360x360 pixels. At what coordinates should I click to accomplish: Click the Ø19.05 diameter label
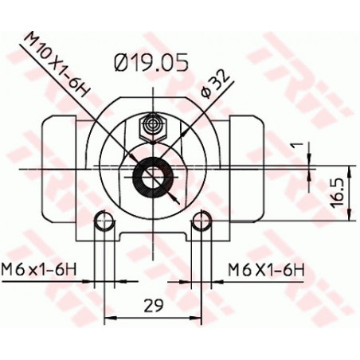tap(151, 62)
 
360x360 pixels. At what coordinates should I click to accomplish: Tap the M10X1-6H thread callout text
tap(57, 65)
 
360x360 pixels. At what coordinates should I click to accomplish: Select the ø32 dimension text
tap(215, 84)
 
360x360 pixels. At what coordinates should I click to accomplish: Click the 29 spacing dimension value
tap(154, 306)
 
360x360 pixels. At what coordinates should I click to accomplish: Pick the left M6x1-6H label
tap(39, 270)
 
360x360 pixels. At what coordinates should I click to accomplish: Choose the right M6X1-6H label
tap(266, 270)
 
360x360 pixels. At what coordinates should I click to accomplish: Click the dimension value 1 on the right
tap(299, 145)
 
